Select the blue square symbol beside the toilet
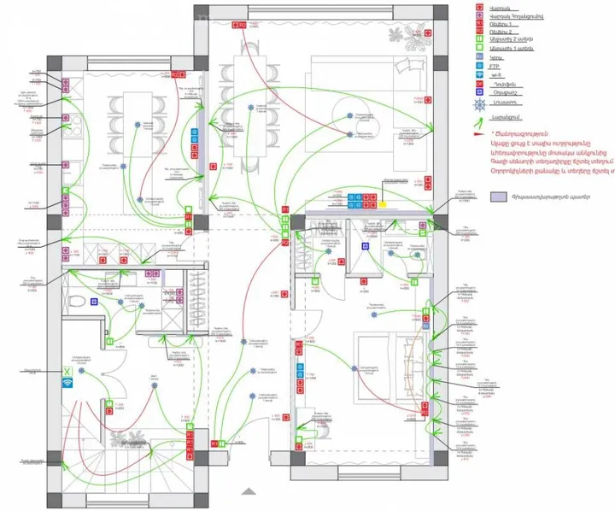(97, 302)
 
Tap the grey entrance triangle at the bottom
(249, 491)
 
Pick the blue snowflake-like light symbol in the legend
(480, 104)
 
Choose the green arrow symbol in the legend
(480, 118)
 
